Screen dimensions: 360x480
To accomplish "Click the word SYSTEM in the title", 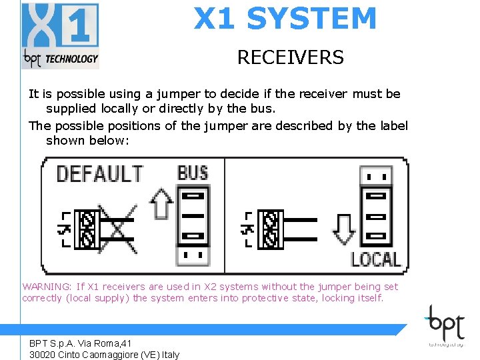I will click(x=311, y=19).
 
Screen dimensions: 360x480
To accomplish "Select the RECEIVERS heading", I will click(x=290, y=58).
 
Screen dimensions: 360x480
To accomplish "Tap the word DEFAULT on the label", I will click(x=99, y=174).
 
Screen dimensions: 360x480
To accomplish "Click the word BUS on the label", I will click(x=192, y=173).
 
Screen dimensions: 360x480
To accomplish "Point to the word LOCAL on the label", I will click(x=375, y=259).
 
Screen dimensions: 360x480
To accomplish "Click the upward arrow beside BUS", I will click(x=161, y=204).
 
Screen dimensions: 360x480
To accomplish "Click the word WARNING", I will click(x=47, y=287).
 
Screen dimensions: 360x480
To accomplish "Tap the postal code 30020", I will click(x=43, y=355).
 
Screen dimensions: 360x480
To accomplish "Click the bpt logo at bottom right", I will click(x=447, y=325).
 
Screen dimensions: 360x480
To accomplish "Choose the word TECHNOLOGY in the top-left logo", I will click(x=71, y=59).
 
